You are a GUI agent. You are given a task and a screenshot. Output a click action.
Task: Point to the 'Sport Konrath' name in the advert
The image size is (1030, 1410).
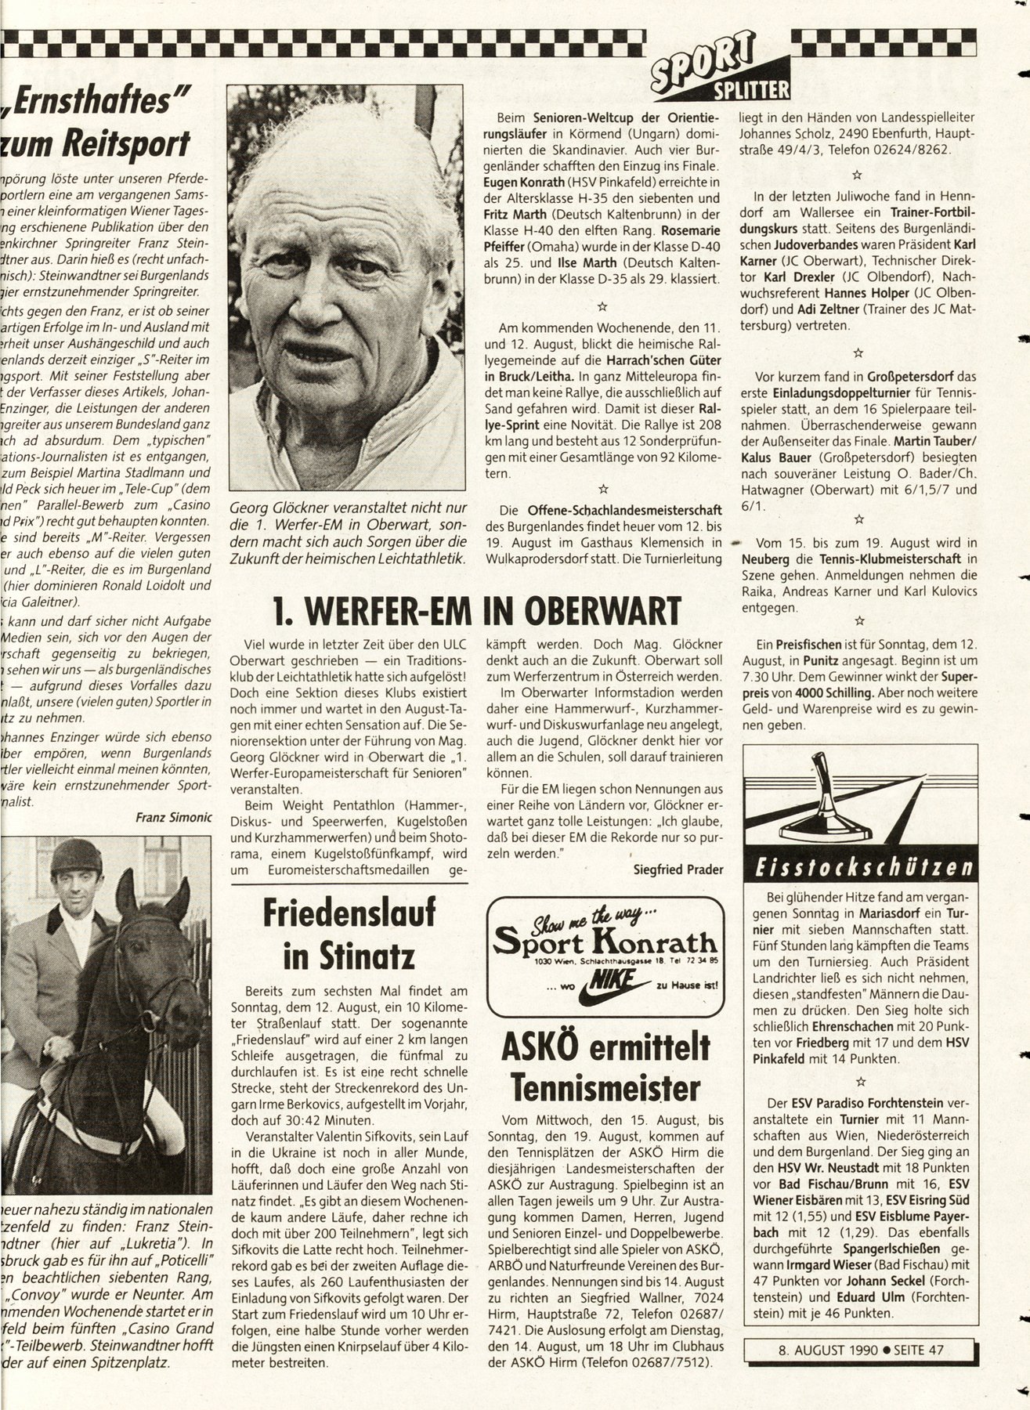[x=602, y=941]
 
